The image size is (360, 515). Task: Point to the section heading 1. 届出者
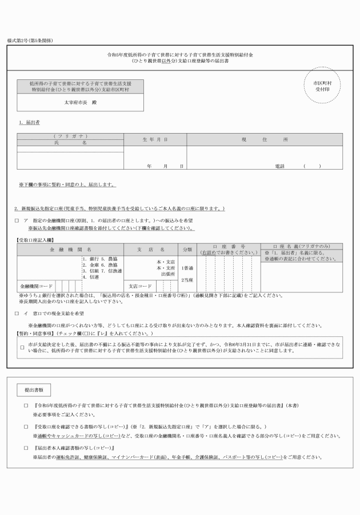point(30,122)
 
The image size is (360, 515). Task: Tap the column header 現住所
point(264,139)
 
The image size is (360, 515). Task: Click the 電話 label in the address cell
point(279,166)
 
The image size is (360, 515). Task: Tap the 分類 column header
point(187,250)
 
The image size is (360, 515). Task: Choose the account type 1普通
point(187,268)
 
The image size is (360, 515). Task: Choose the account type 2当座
point(187,280)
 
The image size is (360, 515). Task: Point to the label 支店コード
point(140,285)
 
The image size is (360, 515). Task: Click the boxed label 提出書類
point(34,389)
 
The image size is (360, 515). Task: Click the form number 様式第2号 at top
point(29,42)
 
